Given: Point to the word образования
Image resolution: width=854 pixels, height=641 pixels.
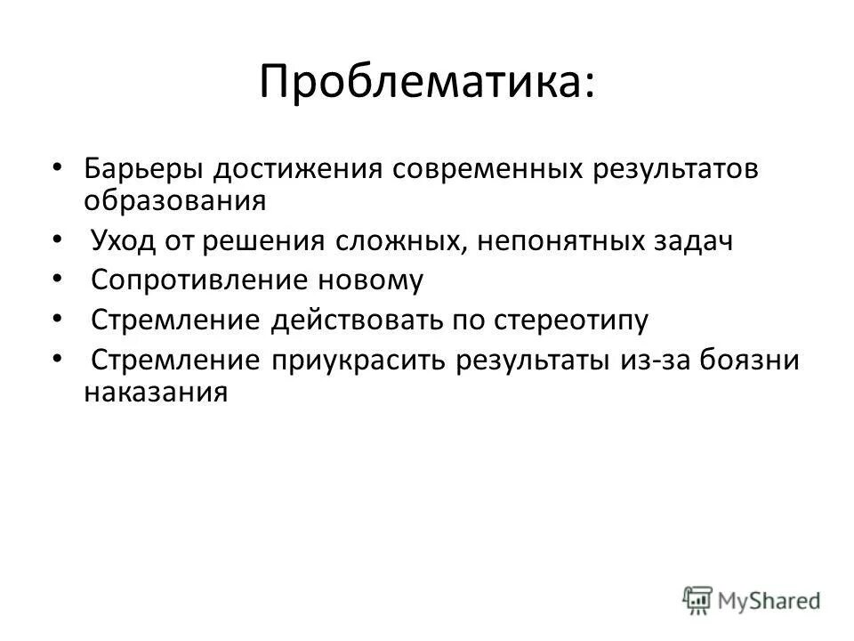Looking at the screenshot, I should (175, 199).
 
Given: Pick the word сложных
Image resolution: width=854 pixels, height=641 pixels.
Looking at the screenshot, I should (398, 241).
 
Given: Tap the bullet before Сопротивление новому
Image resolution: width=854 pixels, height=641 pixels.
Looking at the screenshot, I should (58, 279).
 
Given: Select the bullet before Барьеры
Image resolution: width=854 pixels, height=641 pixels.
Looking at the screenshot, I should (58, 167).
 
